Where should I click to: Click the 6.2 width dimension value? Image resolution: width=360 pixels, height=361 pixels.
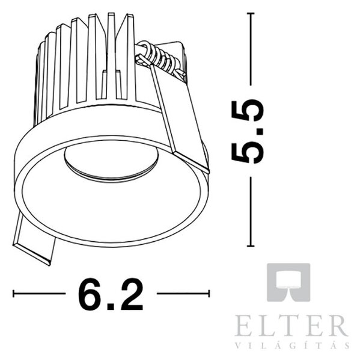111,294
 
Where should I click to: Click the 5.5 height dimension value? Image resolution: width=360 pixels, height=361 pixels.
247,131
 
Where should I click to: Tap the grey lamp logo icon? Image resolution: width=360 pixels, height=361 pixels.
288,282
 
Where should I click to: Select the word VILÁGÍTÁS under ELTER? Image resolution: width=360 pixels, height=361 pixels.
292,345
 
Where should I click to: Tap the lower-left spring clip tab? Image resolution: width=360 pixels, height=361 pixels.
34,242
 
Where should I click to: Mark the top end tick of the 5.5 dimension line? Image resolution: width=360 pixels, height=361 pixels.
251,13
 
